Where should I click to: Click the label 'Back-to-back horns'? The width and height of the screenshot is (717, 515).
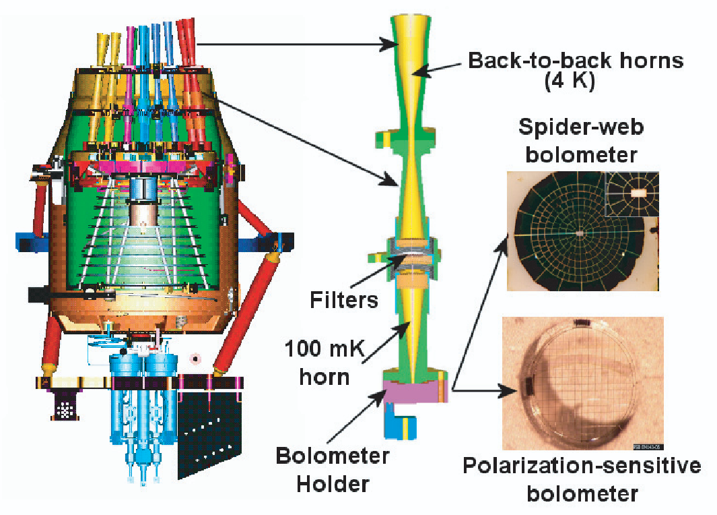tap(576, 61)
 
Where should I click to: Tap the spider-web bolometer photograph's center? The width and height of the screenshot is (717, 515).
tap(580, 233)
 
